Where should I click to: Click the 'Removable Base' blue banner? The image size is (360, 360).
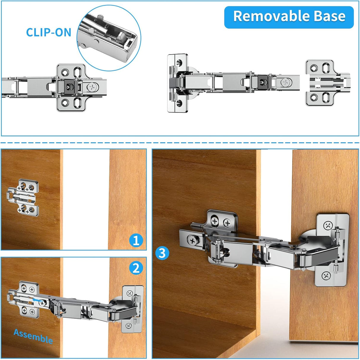pos(289,17)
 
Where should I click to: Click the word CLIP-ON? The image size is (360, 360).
pos(49,33)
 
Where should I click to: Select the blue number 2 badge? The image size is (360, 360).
pos(136,268)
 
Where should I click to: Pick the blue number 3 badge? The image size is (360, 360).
pos(162,253)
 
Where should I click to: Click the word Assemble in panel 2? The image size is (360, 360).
pos(33,336)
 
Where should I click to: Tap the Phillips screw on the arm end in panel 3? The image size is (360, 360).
pos(193,241)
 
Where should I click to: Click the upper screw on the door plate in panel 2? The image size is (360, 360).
pos(130,294)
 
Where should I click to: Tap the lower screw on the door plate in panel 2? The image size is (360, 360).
pos(128,326)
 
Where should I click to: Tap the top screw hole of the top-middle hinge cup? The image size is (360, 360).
pos(180,63)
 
